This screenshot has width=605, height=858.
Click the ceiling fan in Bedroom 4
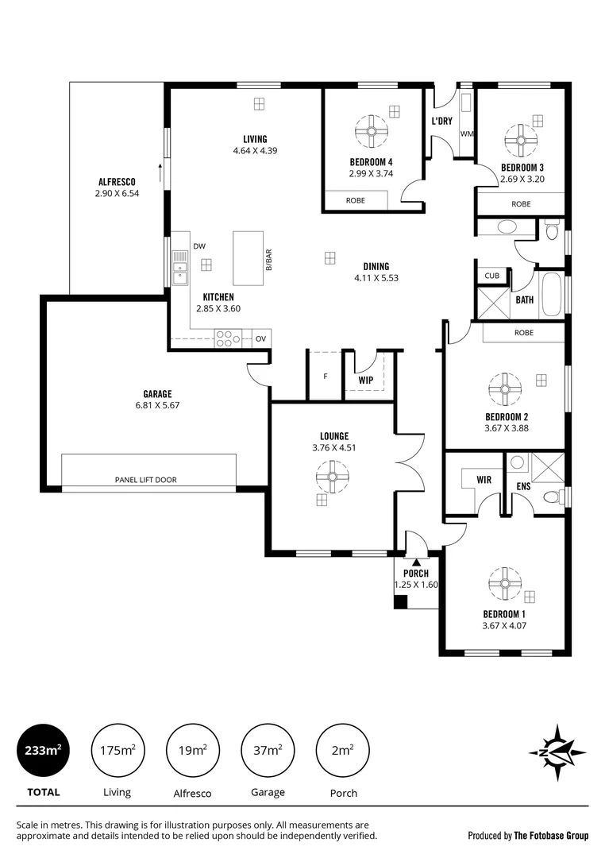click(x=371, y=131)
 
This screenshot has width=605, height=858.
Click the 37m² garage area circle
click(x=268, y=750)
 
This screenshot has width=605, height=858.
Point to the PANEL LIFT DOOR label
click(x=145, y=480)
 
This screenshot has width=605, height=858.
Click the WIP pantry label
click(x=365, y=380)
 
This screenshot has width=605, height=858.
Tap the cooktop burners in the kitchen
click(x=228, y=339)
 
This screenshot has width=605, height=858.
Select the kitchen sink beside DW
click(x=180, y=268)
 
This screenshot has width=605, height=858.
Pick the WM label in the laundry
click(x=466, y=133)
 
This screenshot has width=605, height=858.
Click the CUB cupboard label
click(x=491, y=276)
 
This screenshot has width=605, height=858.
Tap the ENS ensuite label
click(x=523, y=485)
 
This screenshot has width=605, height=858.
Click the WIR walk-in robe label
click(x=484, y=481)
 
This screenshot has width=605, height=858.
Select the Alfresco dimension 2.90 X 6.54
click(x=117, y=193)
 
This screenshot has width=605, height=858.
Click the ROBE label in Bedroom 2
click(x=523, y=333)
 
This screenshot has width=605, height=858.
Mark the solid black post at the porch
click(x=401, y=601)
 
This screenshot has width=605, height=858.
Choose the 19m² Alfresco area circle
click(x=193, y=750)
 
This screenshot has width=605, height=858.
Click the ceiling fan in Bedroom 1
click(x=504, y=583)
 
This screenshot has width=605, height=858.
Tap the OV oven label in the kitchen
click(x=260, y=339)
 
